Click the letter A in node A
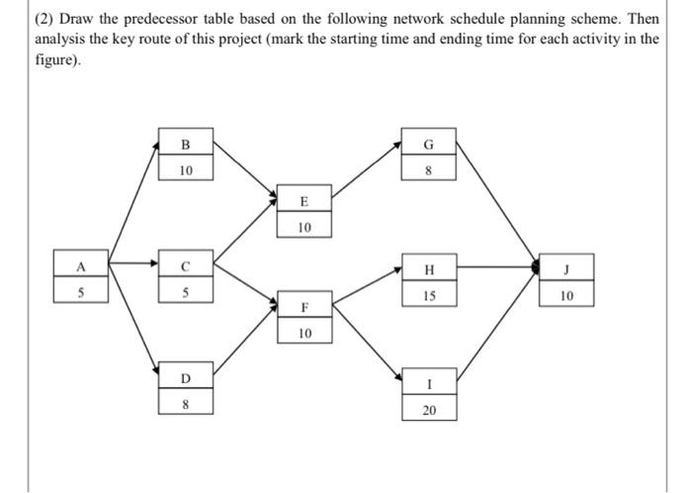point(82,265)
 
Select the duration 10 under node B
point(186,169)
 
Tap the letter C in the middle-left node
point(186,265)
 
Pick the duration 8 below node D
point(186,404)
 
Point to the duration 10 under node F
point(303,333)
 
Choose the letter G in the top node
point(428,145)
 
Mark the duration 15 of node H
point(428,295)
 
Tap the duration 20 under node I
point(428,409)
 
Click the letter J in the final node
point(566,266)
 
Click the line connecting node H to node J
point(494,266)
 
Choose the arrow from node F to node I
point(366,339)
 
